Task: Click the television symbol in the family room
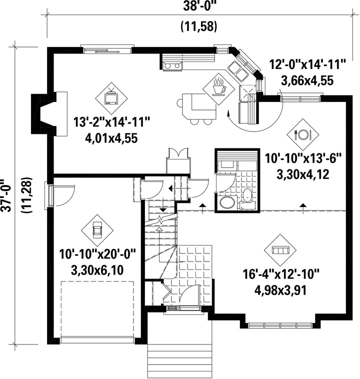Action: (111, 98)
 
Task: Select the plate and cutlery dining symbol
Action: (303, 134)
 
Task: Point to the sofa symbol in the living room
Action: (280, 250)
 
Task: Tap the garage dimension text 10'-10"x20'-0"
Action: (97, 255)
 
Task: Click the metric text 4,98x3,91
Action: (280, 290)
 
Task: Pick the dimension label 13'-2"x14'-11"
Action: (112, 122)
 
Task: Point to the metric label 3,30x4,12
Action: (302, 174)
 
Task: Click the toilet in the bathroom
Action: (247, 196)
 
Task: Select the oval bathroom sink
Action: (227, 202)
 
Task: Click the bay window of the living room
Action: (280, 325)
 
